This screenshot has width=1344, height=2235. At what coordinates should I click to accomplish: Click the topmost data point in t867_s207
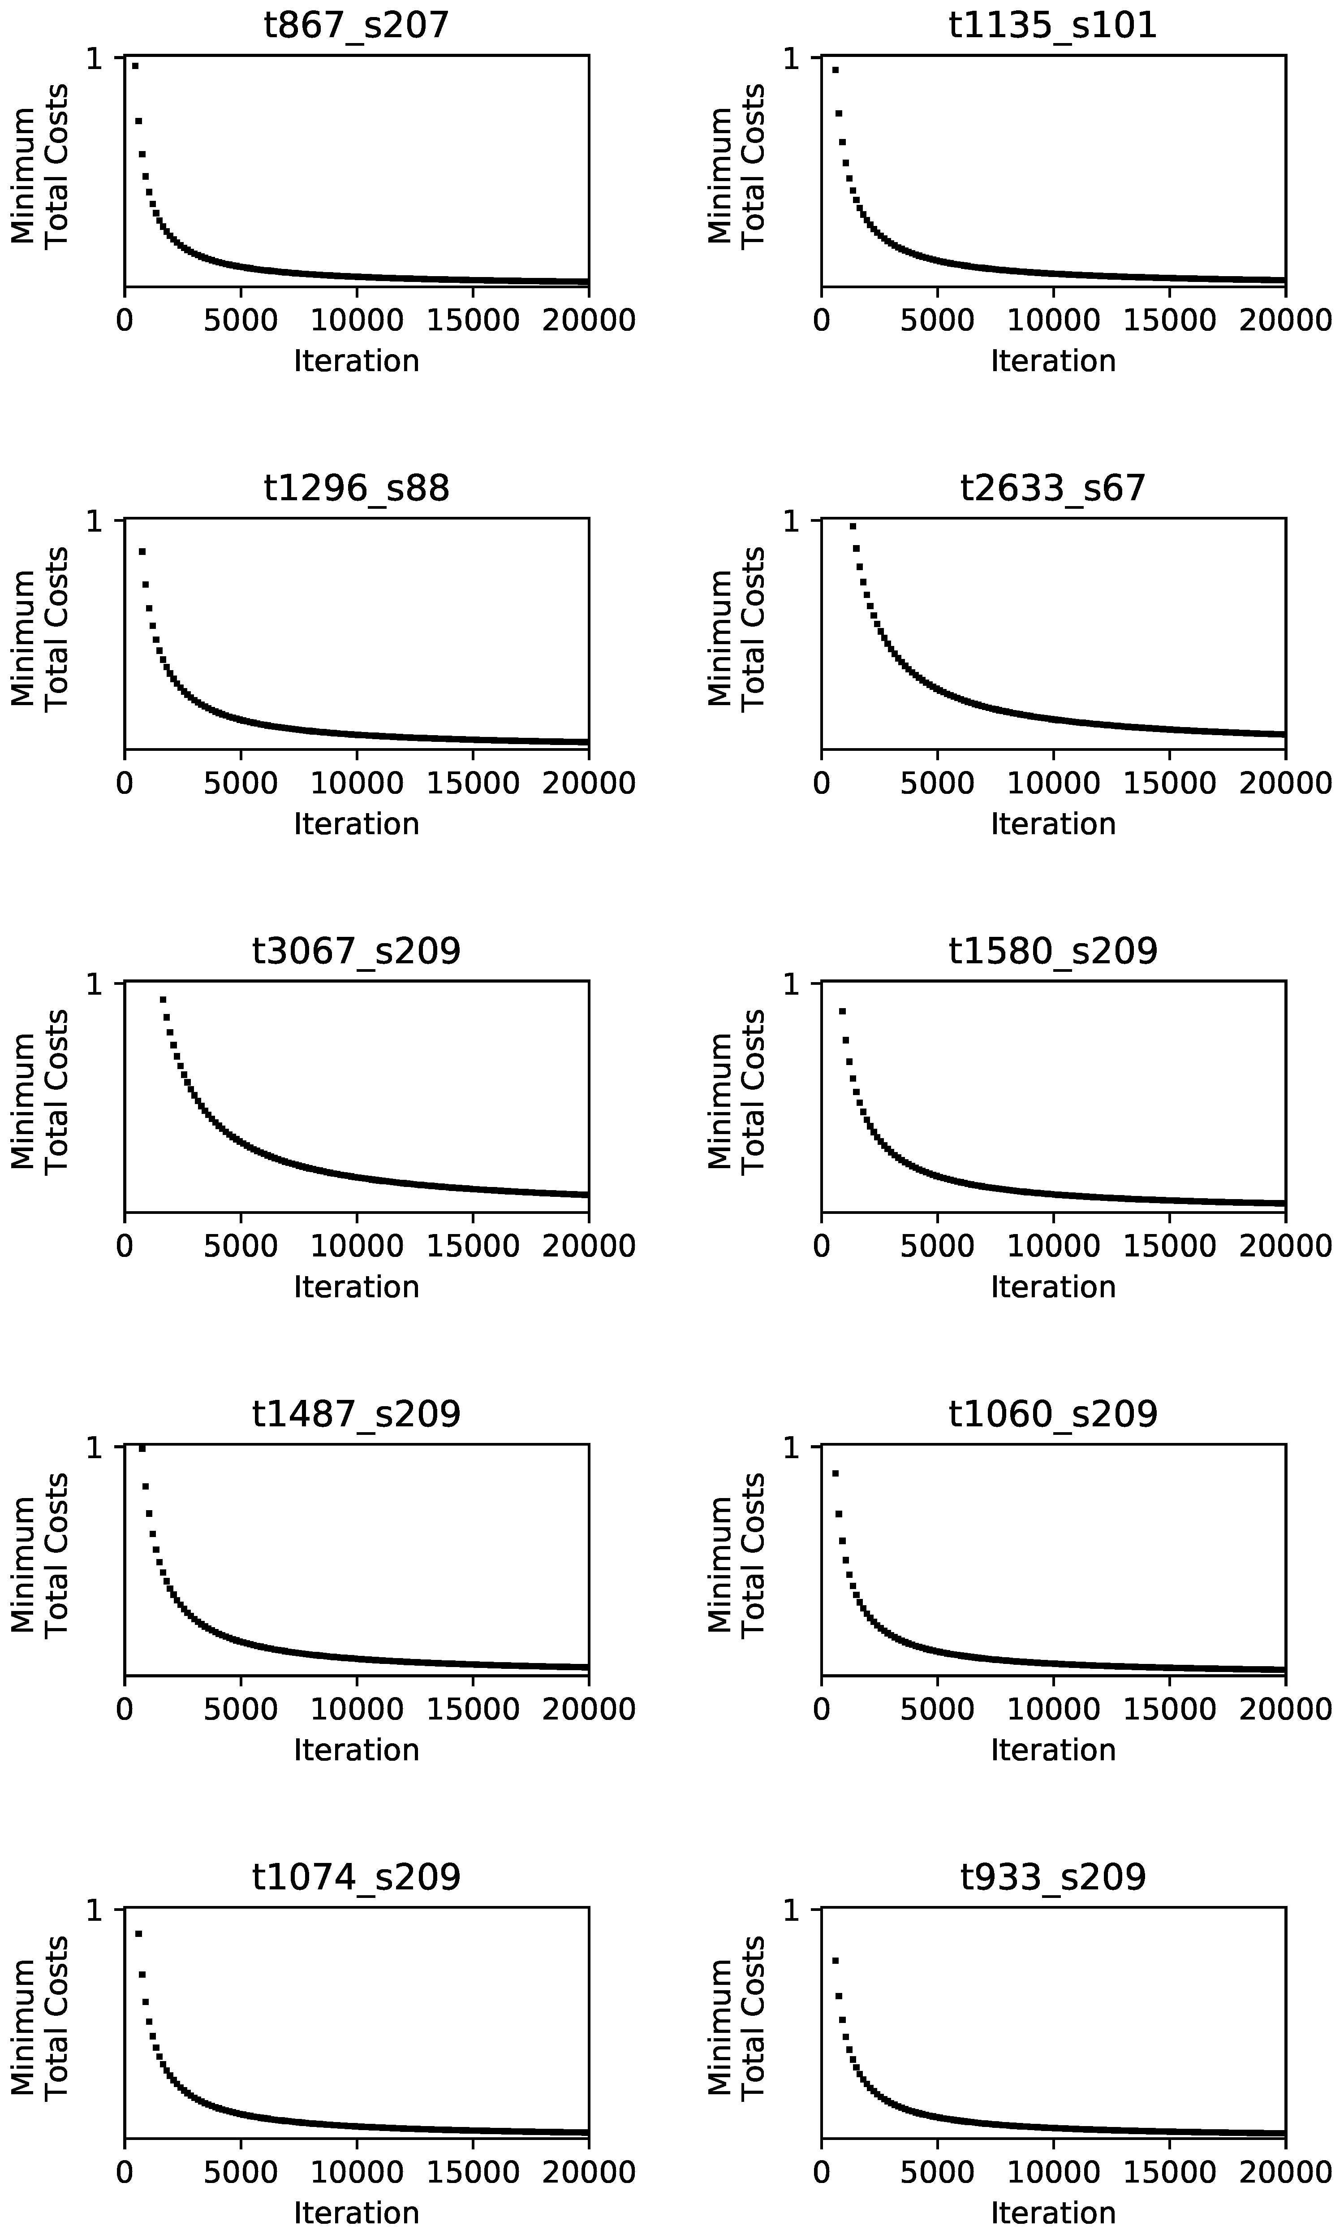(x=135, y=65)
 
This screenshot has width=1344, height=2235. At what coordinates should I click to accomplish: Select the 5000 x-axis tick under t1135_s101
(x=937, y=320)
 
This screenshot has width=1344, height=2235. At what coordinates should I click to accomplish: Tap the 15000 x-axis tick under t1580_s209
(x=1169, y=1246)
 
